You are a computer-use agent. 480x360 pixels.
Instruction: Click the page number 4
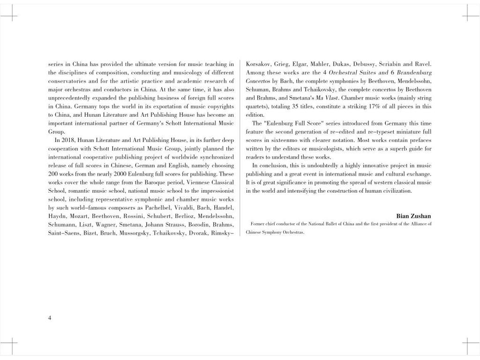point(50,318)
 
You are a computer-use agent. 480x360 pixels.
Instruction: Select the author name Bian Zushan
point(413,216)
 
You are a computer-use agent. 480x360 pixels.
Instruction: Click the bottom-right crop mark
point(471,346)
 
